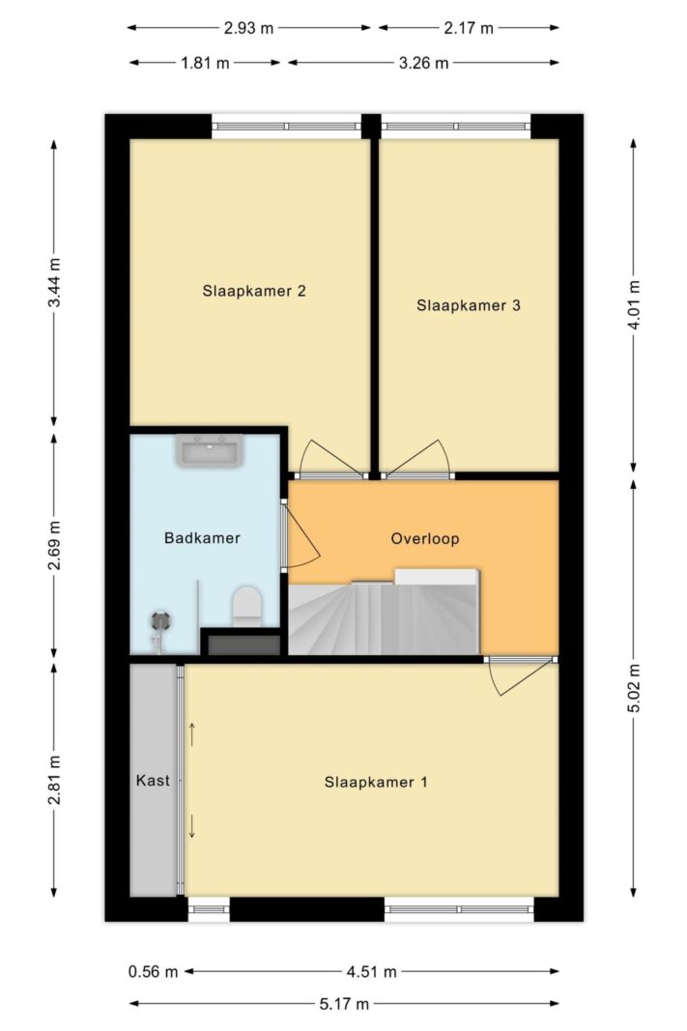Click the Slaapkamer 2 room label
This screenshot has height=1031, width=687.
254,290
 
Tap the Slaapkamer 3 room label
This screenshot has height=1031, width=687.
469,305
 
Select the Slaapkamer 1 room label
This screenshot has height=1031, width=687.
376,782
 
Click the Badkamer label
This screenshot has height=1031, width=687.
202,538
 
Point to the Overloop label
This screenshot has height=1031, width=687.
425,538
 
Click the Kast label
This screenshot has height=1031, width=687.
153,781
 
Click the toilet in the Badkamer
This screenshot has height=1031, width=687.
246,606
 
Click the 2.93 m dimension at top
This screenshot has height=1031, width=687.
248,28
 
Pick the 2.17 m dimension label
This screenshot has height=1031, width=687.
469,28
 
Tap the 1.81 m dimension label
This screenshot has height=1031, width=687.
206,64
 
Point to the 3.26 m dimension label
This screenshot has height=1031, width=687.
424,64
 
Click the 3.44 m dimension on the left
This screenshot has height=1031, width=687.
54,283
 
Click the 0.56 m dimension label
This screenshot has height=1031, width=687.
153,971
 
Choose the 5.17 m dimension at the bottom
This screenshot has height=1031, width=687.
345,1005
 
